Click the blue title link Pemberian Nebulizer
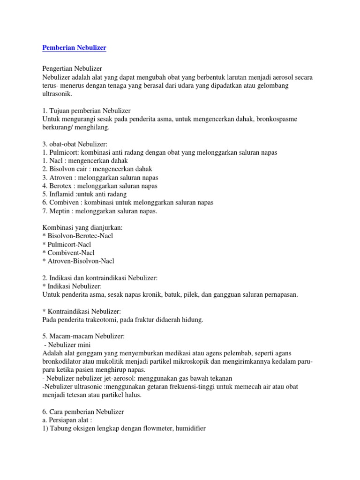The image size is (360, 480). [74, 48]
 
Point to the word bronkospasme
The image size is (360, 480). [274, 119]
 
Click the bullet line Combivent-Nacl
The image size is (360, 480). [71, 253]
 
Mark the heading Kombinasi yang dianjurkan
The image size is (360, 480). [82, 227]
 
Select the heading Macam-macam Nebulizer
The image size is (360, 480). [87, 337]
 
